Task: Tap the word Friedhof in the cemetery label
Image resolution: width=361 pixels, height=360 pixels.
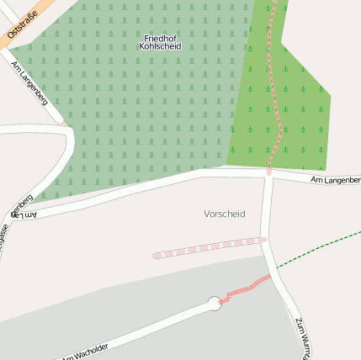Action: coord(161,38)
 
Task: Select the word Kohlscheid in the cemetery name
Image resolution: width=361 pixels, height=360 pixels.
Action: coord(161,46)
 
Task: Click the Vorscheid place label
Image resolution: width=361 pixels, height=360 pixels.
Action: coord(224,214)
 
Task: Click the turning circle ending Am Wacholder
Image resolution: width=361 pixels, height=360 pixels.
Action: coord(215,303)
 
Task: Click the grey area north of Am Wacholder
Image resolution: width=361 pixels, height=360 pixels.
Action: coord(126,294)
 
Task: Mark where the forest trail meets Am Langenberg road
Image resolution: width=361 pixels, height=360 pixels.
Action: coord(269,171)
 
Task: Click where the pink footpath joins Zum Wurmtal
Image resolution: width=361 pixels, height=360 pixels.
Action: coord(264,239)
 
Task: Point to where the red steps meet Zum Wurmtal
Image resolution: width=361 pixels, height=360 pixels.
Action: coord(271,276)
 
